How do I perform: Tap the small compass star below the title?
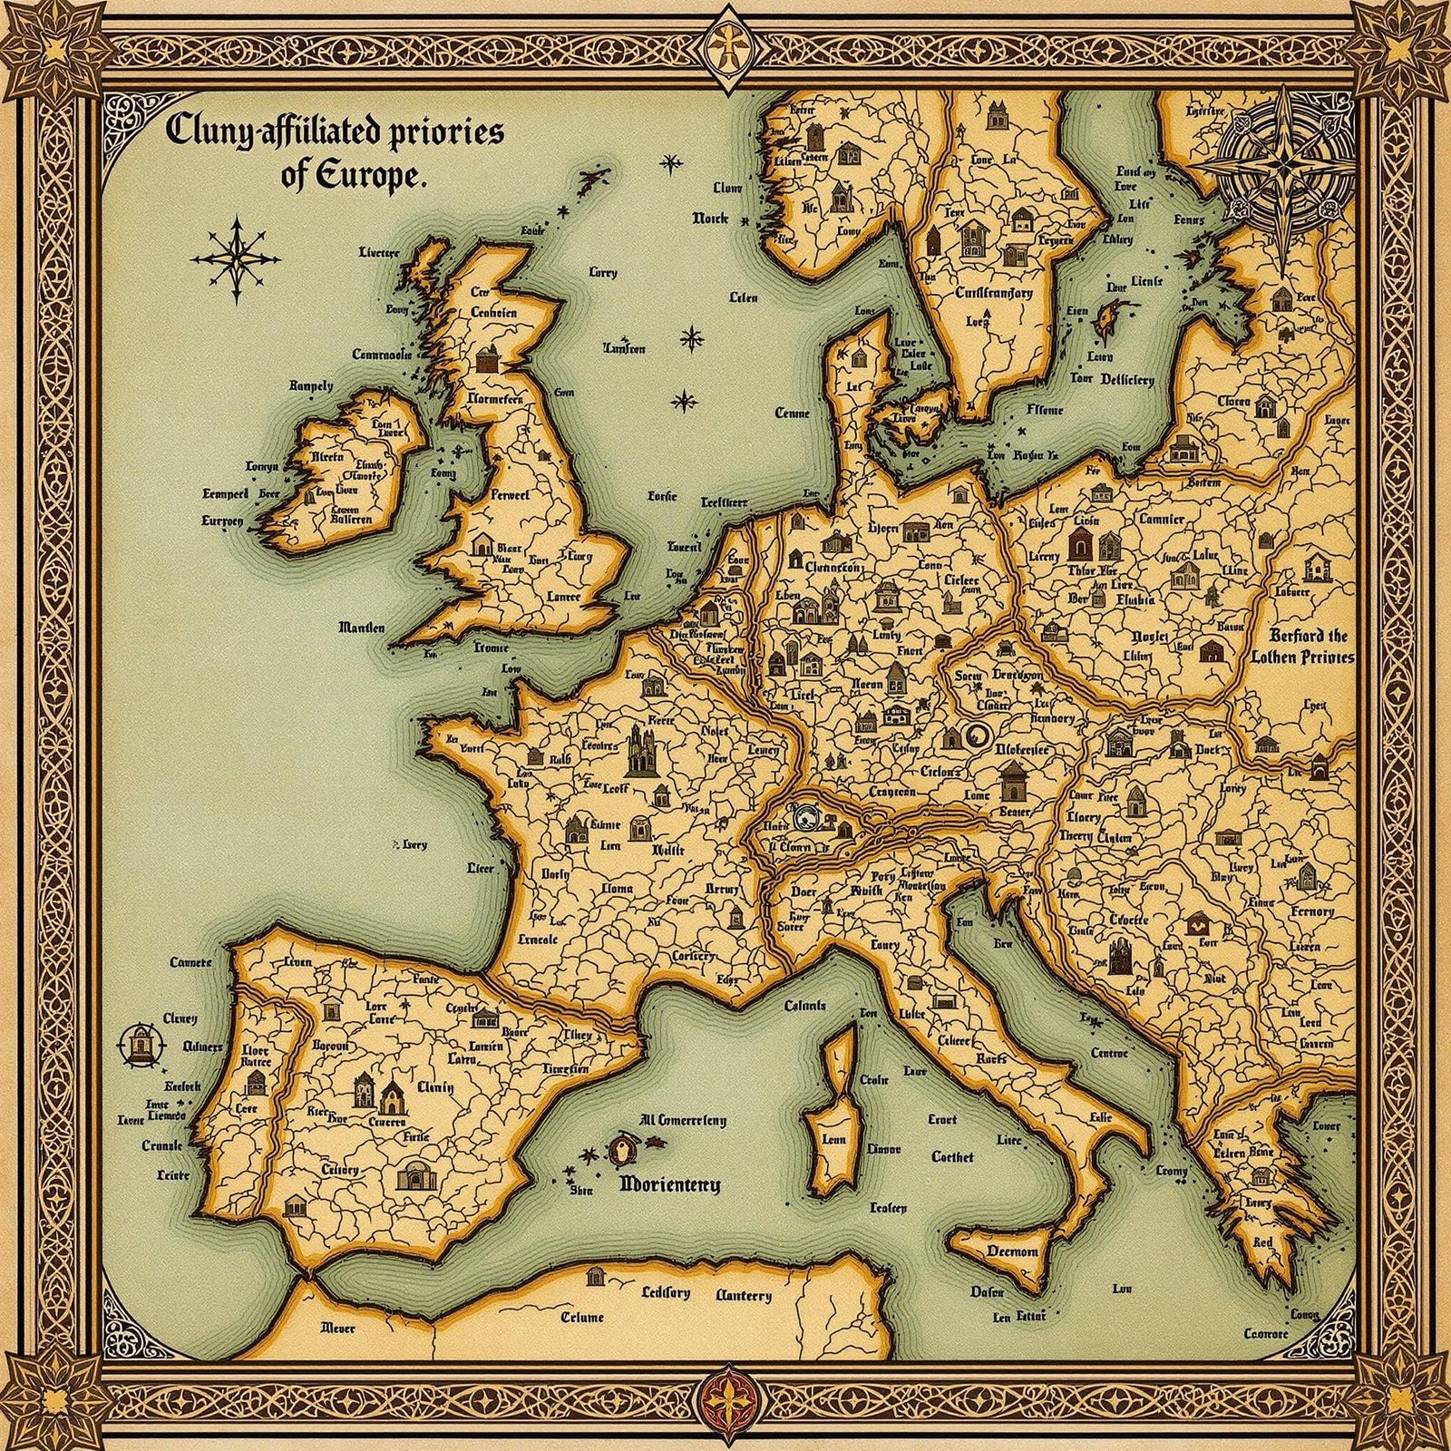coord(236,258)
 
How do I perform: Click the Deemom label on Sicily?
coord(1011,1251)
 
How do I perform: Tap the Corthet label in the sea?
coord(952,1156)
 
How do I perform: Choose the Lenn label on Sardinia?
coord(833,1140)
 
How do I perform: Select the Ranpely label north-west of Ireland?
coord(311,385)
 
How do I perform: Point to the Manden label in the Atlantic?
coord(361,628)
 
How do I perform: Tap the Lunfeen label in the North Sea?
coord(624,348)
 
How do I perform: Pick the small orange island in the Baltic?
coord(1107,319)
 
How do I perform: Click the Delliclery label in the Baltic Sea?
coord(1127,380)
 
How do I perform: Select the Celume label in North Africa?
coord(581,1318)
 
